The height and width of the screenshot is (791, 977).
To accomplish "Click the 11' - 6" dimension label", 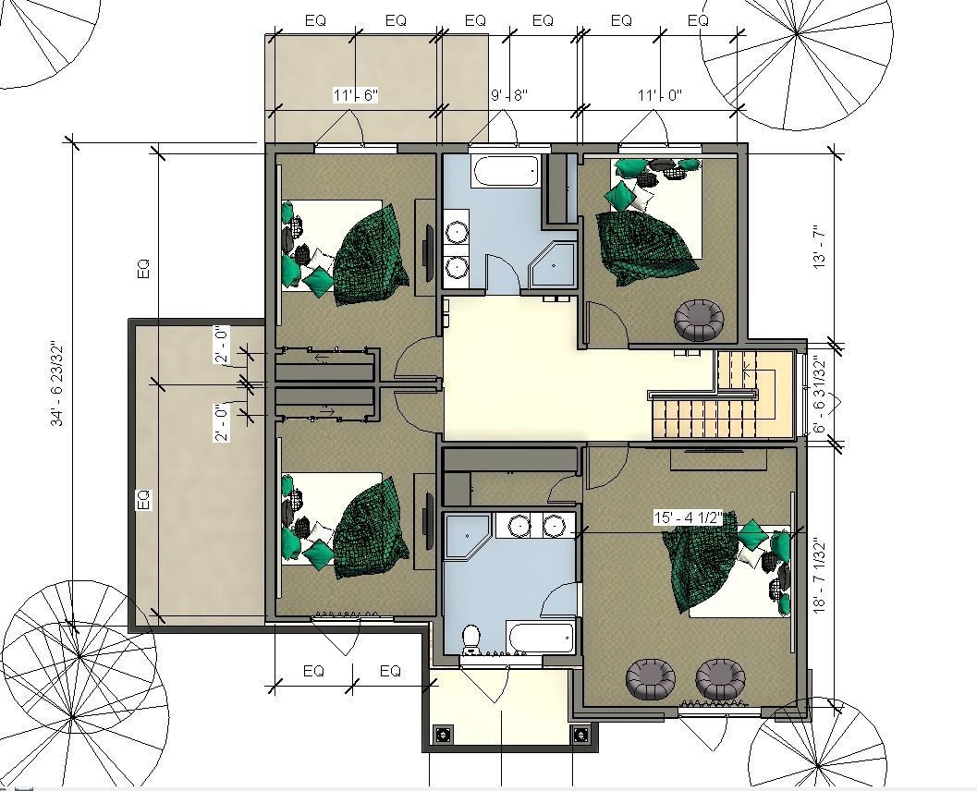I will click(x=356, y=95).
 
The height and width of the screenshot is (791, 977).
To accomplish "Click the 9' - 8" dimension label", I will click(x=508, y=95).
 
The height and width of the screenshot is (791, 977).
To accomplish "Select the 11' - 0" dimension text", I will click(x=659, y=95).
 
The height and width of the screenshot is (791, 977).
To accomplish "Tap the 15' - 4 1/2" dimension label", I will click(x=688, y=517).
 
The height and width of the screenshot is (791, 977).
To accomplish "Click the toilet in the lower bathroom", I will click(x=470, y=638).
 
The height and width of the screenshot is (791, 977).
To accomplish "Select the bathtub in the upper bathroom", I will click(x=504, y=170).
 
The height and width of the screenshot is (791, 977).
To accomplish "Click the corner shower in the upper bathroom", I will click(x=553, y=265).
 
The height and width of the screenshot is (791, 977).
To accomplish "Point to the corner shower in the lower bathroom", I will click(x=467, y=535).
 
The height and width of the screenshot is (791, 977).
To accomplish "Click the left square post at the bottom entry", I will click(x=443, y=735).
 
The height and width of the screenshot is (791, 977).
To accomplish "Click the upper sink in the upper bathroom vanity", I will click(x=456, y=230).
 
